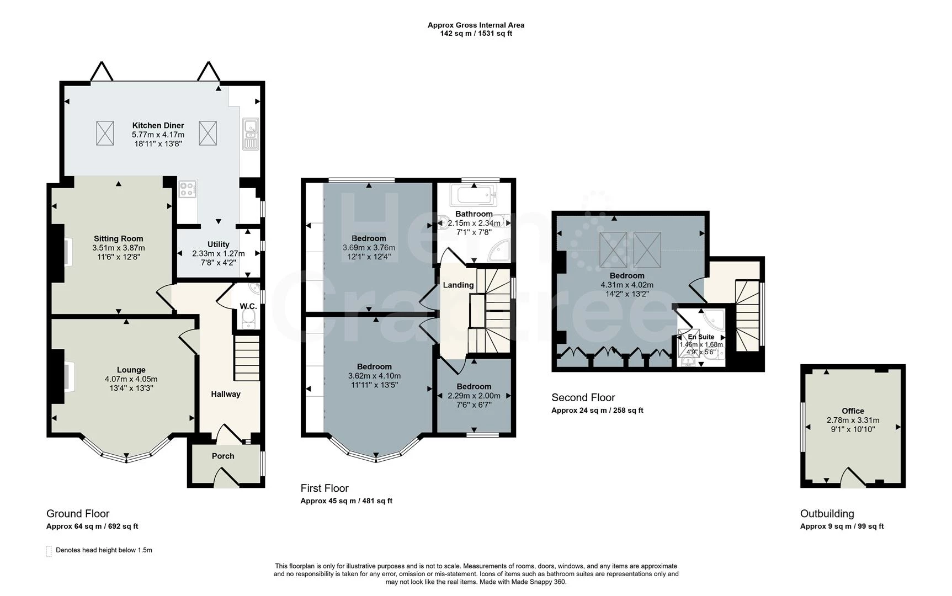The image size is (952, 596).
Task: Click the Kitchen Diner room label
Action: [x=158, y=125]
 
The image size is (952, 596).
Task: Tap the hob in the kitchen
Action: [x=188, y=190]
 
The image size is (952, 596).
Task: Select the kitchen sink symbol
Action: [x=250, y=134]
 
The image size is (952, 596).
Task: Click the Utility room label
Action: [x=219, y=244]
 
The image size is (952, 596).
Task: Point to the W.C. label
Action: [x=248, y=306]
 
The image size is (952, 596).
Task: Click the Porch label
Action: [x=223, y=456]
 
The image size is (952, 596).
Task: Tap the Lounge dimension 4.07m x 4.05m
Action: [x=131, y=379]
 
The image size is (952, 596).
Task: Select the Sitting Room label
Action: [x=119, y=238]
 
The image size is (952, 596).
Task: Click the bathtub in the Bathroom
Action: [x=474, y=195]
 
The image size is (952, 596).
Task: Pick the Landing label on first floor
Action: [x=458, y=285]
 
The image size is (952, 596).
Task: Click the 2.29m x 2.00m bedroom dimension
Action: [x=474, y=396]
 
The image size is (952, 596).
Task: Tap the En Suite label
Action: [x=701, y=337]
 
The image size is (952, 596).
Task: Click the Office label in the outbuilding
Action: [x=853, y=411]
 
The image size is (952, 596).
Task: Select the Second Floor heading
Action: [x=583, y=397]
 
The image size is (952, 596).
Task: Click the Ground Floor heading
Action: [x=78, y=514]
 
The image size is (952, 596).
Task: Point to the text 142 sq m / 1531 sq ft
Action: [x=476, y=33]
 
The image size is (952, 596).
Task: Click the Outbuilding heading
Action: [x=827, y=514]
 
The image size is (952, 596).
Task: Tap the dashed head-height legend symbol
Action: [x=49, y=551]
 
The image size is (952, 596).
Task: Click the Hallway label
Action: [x=226, y=394]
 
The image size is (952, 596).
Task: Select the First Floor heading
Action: [x=325, y=488]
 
